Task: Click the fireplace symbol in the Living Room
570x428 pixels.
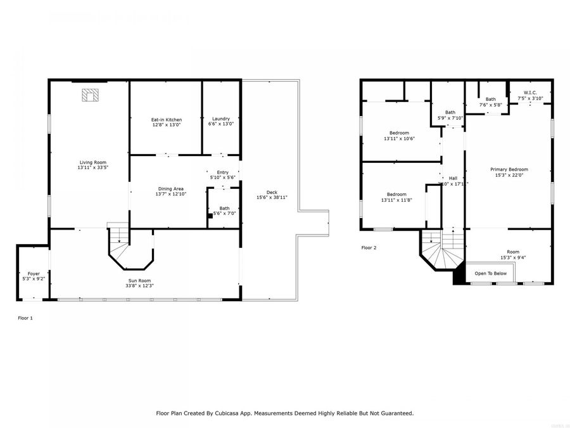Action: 91,95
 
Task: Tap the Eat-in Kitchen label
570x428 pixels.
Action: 166,119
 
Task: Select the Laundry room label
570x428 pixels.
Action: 220,119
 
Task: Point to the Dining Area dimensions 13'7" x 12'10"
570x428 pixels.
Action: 170,195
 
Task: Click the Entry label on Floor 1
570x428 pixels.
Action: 222,172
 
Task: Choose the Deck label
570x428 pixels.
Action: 272,192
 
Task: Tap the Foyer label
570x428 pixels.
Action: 33,273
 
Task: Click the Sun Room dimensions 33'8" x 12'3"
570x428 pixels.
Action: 139,286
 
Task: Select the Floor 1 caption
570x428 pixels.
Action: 25,318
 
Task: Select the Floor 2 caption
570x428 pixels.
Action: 369,248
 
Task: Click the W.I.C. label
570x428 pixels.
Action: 530,93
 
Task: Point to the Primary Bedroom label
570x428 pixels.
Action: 509,169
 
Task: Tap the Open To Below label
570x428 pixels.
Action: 490,273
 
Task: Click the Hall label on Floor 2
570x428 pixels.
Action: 453,178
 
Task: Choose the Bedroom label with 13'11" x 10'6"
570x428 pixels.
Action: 399,133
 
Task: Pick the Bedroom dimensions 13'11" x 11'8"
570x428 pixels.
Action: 396,200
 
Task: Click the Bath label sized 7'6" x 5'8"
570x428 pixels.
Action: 491,99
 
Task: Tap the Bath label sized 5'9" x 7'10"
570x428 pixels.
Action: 450,112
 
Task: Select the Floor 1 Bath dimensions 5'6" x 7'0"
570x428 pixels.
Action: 224,214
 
